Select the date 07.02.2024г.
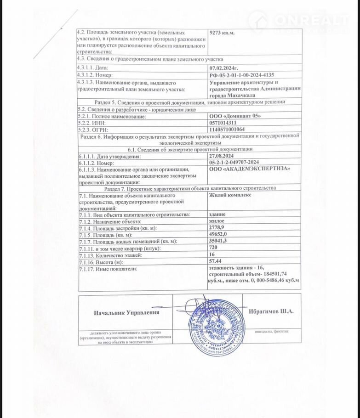(223, 68)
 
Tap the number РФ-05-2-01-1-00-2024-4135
(244, 74)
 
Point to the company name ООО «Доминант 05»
(234, 116)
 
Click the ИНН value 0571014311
(223, 123)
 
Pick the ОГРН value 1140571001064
(228, 130)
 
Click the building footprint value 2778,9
(218, 228)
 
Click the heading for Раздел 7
(189, 188)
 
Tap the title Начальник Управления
(126, 312)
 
